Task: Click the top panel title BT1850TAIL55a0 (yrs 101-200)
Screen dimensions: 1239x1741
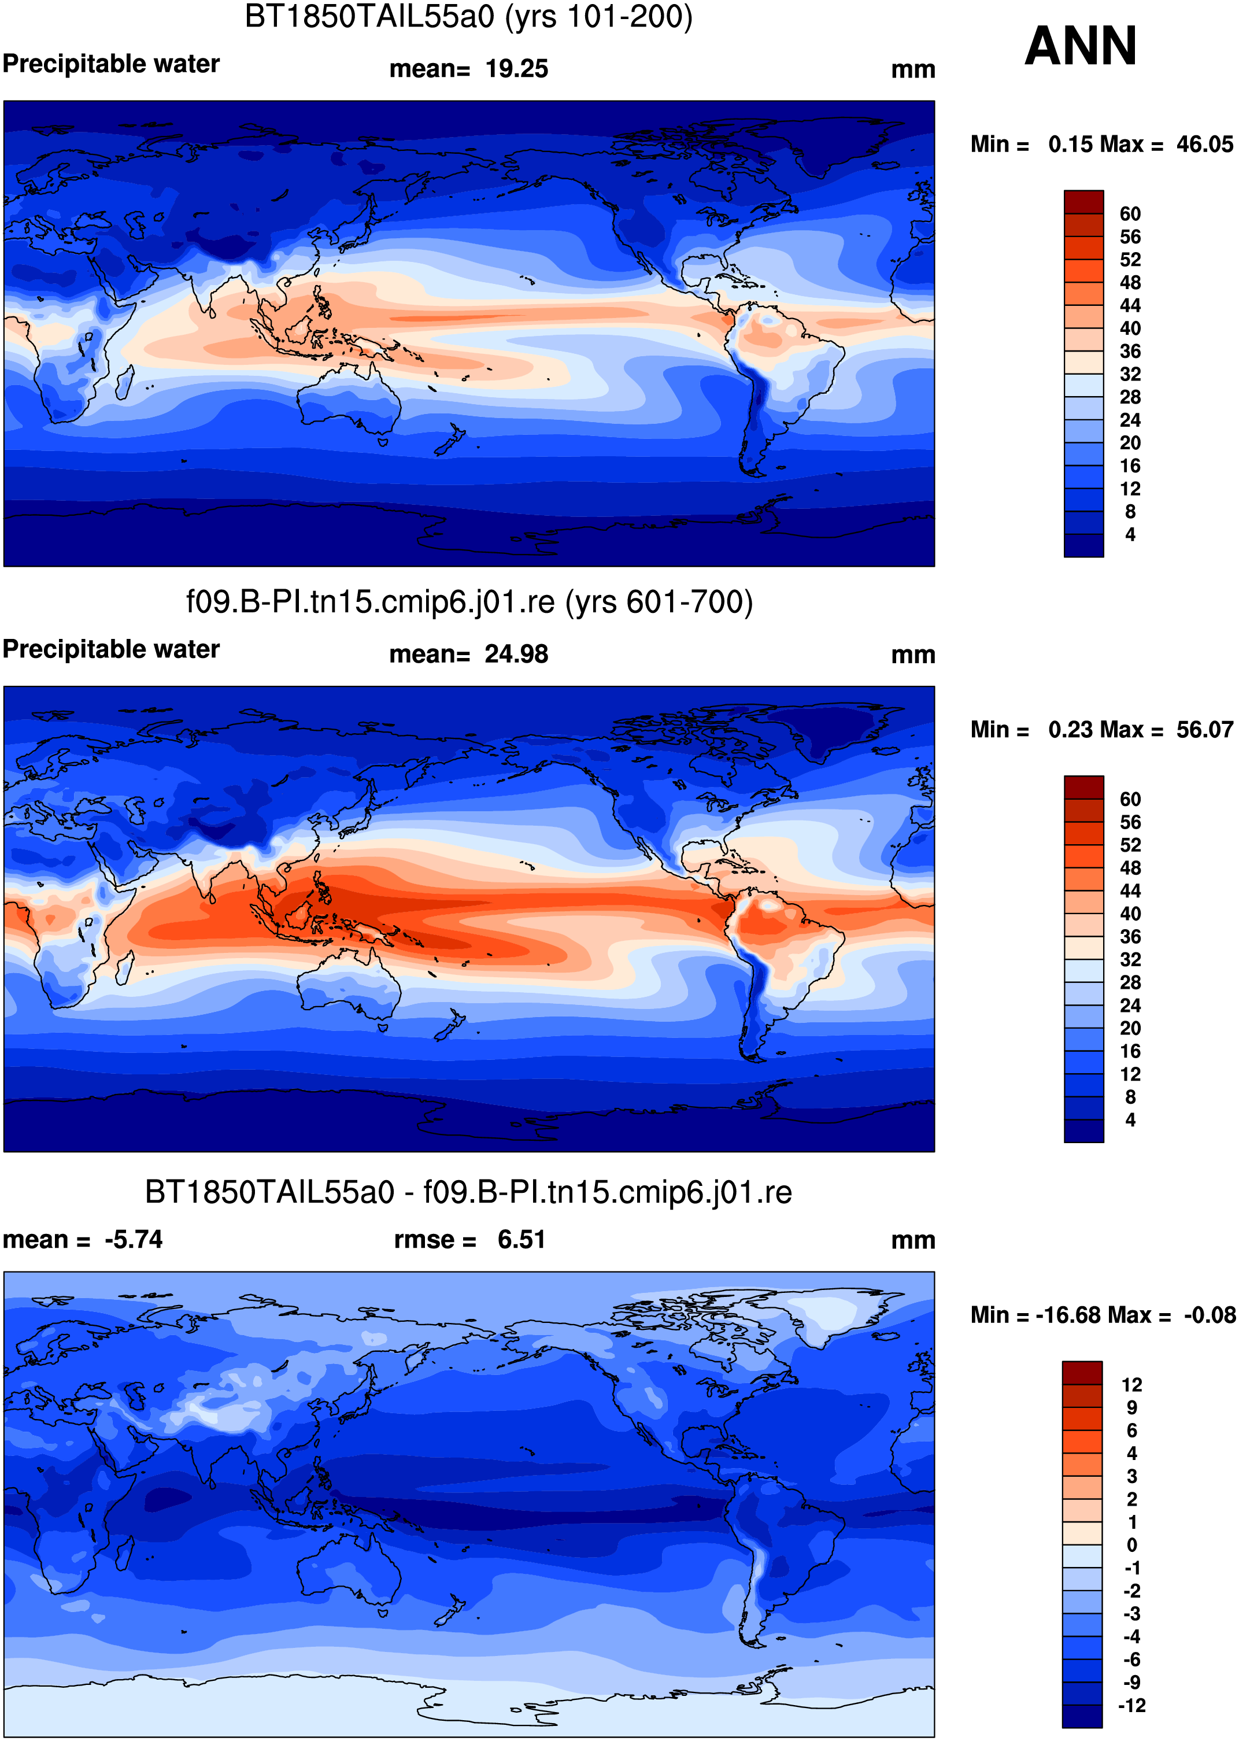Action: pyautogui.click(x=468, y=17)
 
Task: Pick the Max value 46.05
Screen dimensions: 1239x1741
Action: pyautogui.click(x=1205, y=144)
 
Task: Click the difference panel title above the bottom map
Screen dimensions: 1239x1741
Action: pyautogui.click(x=468, y=1192)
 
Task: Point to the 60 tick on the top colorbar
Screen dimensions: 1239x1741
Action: pyautogui.click(x=1130, y=213)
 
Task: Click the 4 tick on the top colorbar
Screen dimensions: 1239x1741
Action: pyautogui.click(x=1130, y=534)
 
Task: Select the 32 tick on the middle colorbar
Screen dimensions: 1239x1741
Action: pyautogui.click(x=1130, y=959)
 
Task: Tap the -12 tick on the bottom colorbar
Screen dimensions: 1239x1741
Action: pyautogui.click(x=1131, y=1705)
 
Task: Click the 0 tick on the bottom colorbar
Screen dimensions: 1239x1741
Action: pyautogui.click(x=1131, y=1545)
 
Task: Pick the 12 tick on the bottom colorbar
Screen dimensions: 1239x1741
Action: pyautogui.click(x=1131, y=1385)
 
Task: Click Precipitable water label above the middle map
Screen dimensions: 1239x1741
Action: pyautogui.click(x=112, y=649)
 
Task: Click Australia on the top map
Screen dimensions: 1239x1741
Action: pyautogui.click(x=347, y=401)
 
